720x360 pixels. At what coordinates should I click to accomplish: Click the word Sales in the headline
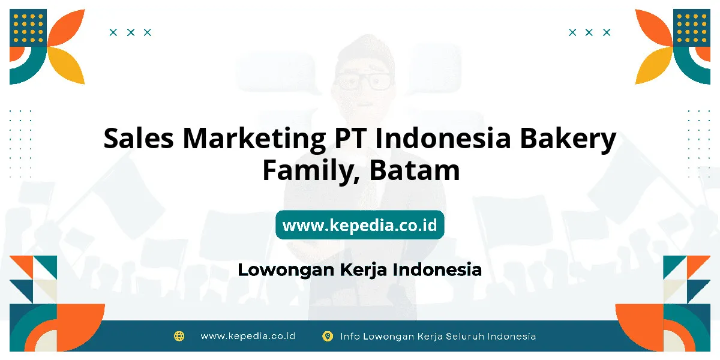click(x=139, y=138)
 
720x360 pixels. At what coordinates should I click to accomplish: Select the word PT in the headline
click(x=350, y=138)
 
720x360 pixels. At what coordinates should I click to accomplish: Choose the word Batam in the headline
click(x=415, y=170)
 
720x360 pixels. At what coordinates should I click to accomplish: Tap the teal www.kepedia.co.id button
click(x=359, y=225)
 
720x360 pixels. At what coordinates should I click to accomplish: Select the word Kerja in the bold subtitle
click(x=363, y=270)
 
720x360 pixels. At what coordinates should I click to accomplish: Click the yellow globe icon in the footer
click(x=179, y=336)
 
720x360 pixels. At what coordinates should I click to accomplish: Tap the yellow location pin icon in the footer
click(x=328, y=336)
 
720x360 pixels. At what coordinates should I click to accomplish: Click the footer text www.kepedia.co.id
click(x=248, y=336)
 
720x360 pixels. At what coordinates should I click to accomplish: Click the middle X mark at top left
click(x=131, y=32)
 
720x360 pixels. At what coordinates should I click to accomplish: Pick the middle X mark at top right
click(x=589, y=32)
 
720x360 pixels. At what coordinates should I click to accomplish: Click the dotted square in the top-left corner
click(x=28, y=28)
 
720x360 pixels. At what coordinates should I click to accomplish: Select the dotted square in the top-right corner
click(x=692, y=28)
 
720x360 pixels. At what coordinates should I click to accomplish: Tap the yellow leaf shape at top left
click(x=67, y=65)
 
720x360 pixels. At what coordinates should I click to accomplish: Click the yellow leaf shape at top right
click(x=653, y=65)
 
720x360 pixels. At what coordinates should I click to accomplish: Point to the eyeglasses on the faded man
click(x=364, y=81)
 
